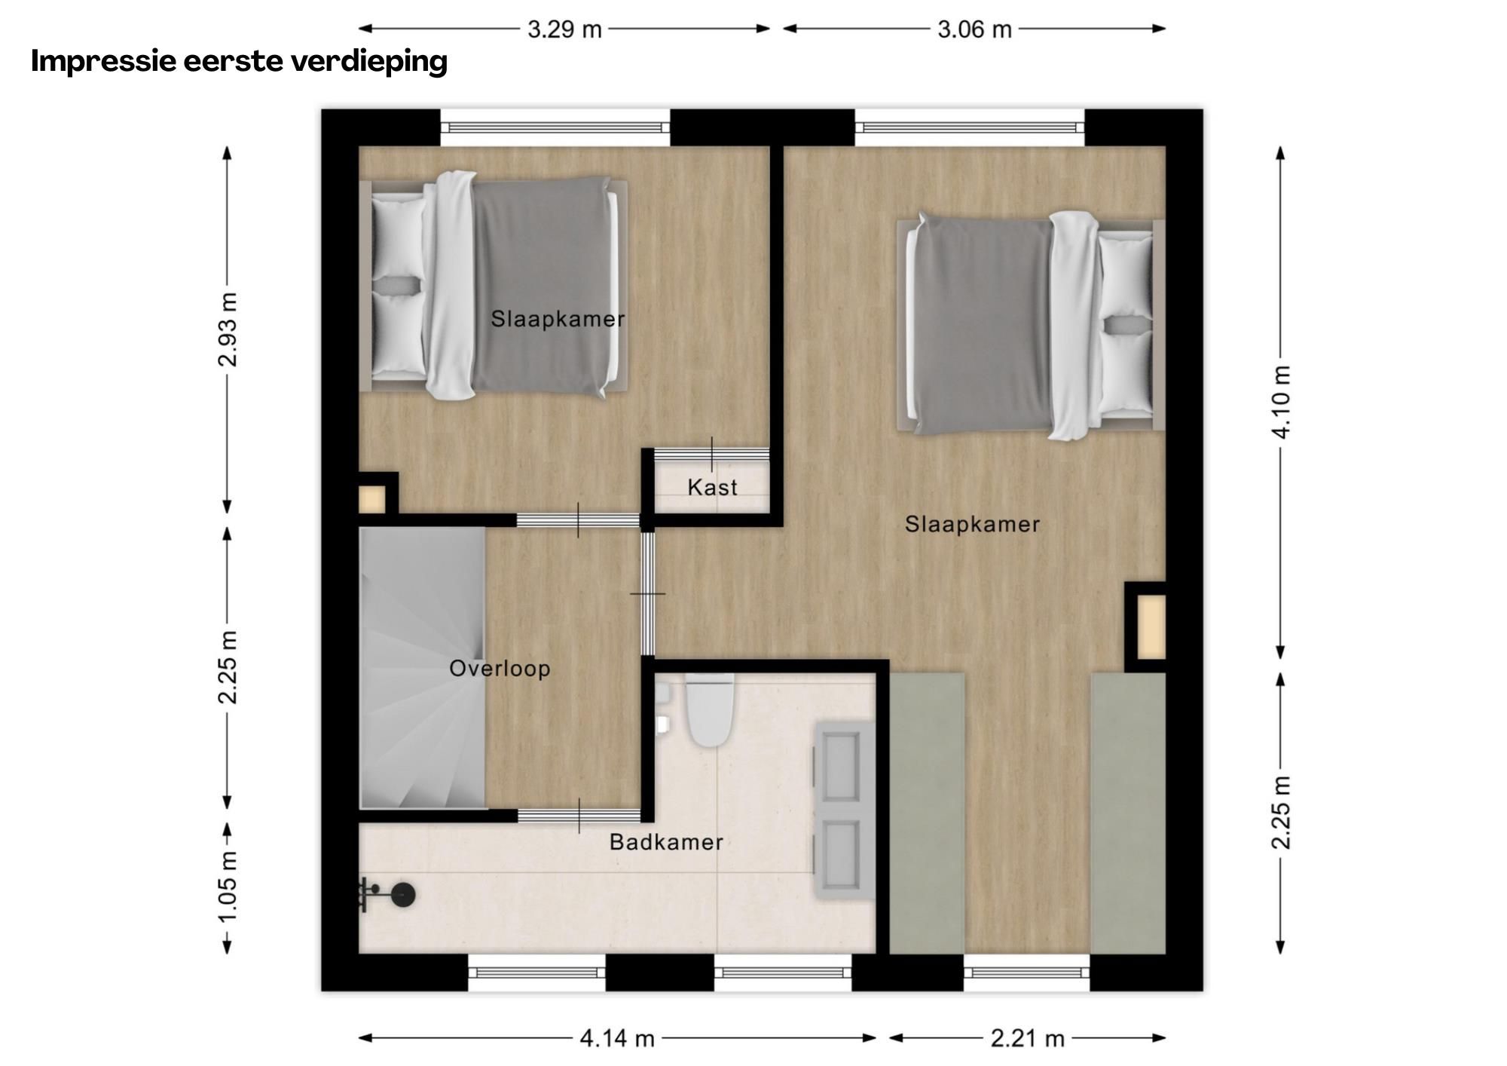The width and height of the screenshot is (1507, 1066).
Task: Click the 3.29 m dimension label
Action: [564, 29]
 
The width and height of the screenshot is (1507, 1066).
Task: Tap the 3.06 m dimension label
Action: [974, 29]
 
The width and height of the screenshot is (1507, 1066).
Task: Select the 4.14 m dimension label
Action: [616, 1039]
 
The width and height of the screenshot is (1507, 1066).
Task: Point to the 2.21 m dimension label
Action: [1027, 1039]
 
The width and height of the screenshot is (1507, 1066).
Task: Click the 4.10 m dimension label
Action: [1281, 401]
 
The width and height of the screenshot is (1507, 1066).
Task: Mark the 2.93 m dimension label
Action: [228, 329]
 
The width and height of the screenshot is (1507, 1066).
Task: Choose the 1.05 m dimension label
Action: [228, 886]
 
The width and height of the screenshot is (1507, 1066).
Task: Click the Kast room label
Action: [712, 488]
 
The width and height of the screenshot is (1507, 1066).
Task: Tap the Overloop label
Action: [500, 669]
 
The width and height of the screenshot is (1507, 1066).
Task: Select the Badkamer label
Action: [666, 842]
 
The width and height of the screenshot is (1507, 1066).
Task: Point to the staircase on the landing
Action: [422, 667]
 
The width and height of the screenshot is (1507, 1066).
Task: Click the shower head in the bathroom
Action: [402, 895]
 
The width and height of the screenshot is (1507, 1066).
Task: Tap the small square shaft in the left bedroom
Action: [371, 499]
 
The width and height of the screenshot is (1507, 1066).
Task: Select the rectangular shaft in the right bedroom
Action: [1151, 626]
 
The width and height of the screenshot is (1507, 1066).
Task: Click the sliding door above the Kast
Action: [711, 454]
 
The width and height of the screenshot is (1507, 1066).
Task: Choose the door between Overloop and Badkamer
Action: [579, 816]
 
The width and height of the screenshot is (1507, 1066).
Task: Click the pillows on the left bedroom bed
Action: [397, 286]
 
